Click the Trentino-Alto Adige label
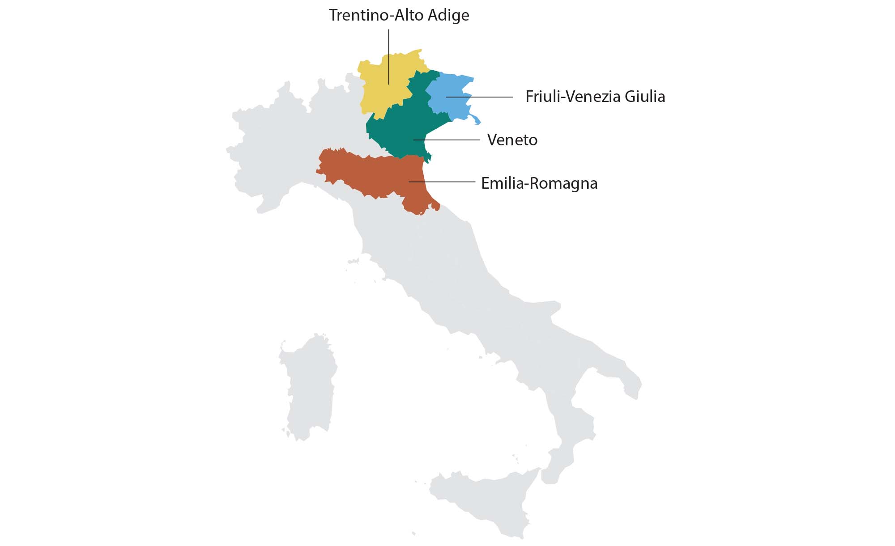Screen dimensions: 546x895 (399, 15)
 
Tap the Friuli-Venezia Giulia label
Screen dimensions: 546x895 (595, 97)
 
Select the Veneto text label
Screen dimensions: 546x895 (512, 140)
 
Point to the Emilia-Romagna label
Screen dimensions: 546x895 (539, 183)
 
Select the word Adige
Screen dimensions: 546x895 (448, 15)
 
